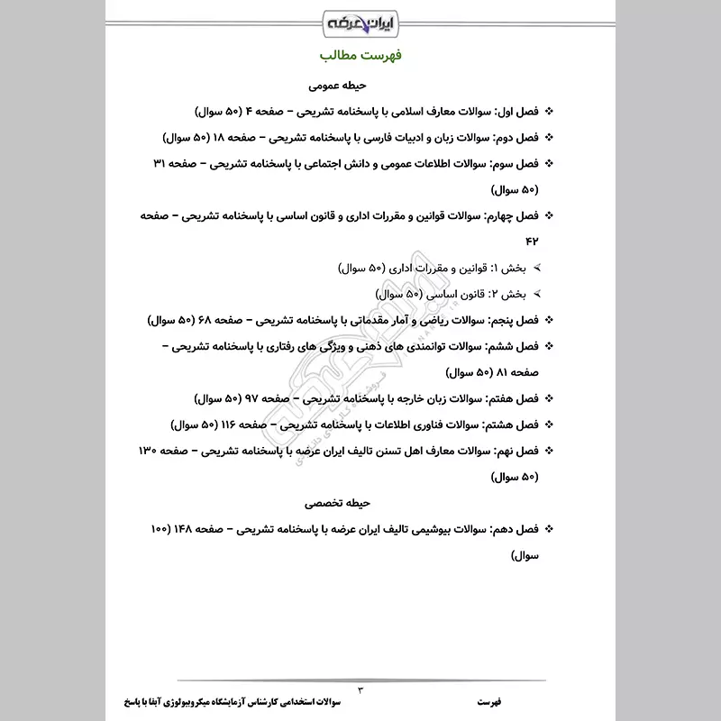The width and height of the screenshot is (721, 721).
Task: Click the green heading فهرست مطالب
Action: pos(360,57)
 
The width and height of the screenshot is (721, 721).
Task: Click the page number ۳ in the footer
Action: pos(360,689)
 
